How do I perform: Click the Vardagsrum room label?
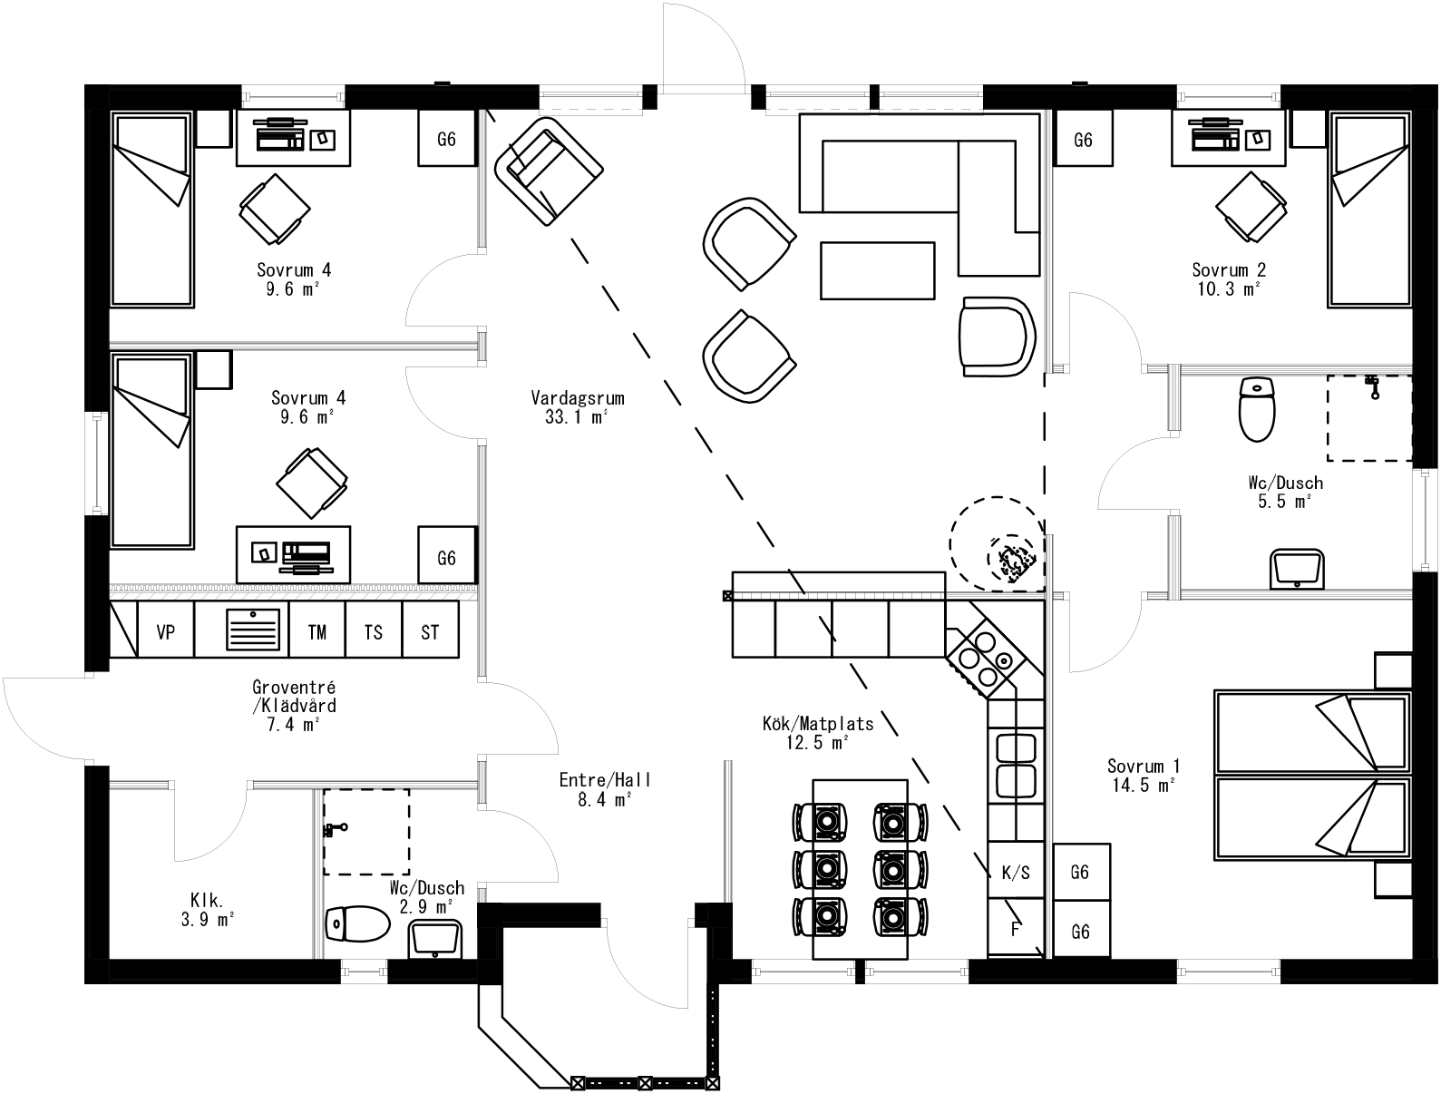click(577, 406)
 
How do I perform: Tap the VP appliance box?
click(166, 631)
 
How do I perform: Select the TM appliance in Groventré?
click(317, 631)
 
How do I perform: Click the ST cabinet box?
click(430, 631)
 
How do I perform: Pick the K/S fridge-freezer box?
click(1015, 872)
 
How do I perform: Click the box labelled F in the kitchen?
click(1015, 928)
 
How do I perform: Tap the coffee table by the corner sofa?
click(877, 270)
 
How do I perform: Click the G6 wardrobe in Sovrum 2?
click(1083, 140)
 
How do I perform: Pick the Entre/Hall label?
click(605, 789)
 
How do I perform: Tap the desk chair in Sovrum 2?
click(1251, 208)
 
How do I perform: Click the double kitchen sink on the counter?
click(1016, 764)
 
